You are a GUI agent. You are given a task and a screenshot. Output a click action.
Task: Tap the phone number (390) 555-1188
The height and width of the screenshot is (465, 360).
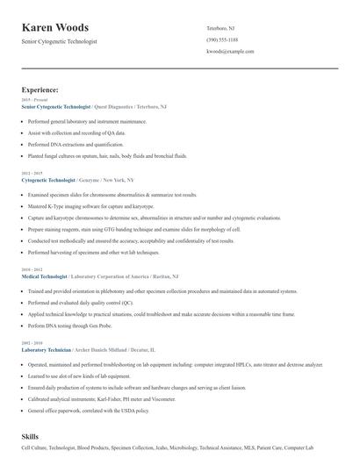[x=222, y=39]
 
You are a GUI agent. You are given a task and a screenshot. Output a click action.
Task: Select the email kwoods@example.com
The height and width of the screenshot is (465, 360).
[x=230, y=51]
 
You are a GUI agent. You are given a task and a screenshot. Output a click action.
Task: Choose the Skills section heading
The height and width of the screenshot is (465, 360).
[x=31, y=435]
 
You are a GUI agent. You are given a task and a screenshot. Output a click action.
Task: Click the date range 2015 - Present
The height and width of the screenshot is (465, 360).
[x=34, y=100]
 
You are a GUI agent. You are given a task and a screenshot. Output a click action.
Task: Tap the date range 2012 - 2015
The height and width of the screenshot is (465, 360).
[x=31, y=173]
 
